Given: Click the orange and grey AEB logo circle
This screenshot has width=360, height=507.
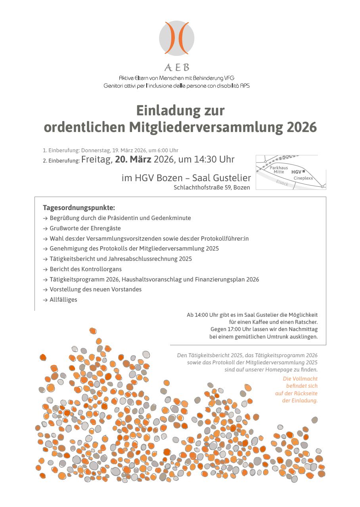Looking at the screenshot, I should coord(177,38).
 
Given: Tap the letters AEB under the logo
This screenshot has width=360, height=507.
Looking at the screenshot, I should coord(177,67).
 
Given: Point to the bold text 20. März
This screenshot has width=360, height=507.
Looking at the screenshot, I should coord(133,160).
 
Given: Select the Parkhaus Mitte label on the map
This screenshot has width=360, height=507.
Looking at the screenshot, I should coord(279,170).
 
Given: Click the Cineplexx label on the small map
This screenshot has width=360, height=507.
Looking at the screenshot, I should coord(303,178).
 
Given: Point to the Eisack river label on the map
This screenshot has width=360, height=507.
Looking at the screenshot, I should coord(282,183).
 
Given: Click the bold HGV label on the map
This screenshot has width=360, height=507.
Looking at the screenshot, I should coord(296,172).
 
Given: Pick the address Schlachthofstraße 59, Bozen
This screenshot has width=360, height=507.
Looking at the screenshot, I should coord(212,187).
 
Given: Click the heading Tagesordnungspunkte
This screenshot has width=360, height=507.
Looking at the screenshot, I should coord(79,208).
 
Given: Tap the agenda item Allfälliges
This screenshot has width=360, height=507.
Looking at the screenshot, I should coord(63,300).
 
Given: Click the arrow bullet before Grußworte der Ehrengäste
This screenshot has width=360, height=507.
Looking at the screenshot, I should coord(45,228).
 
